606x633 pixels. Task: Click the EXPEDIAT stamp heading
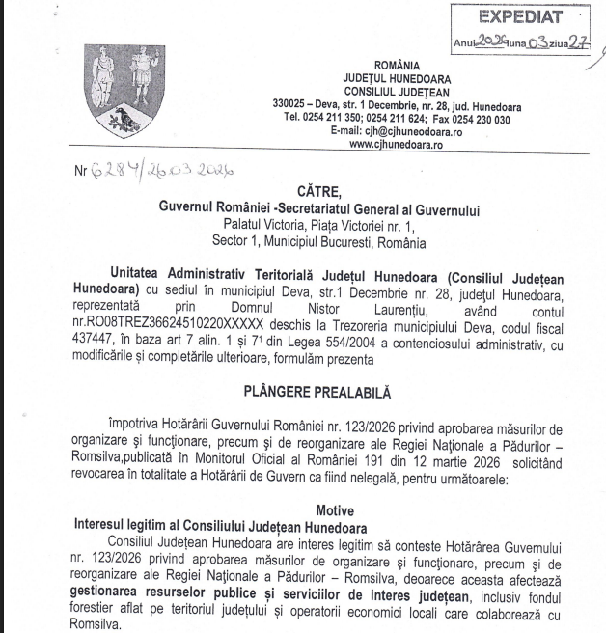pyautogui.click(x=527, y=17)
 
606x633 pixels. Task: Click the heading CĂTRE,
pyautogui.click(x=319, y=191)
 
